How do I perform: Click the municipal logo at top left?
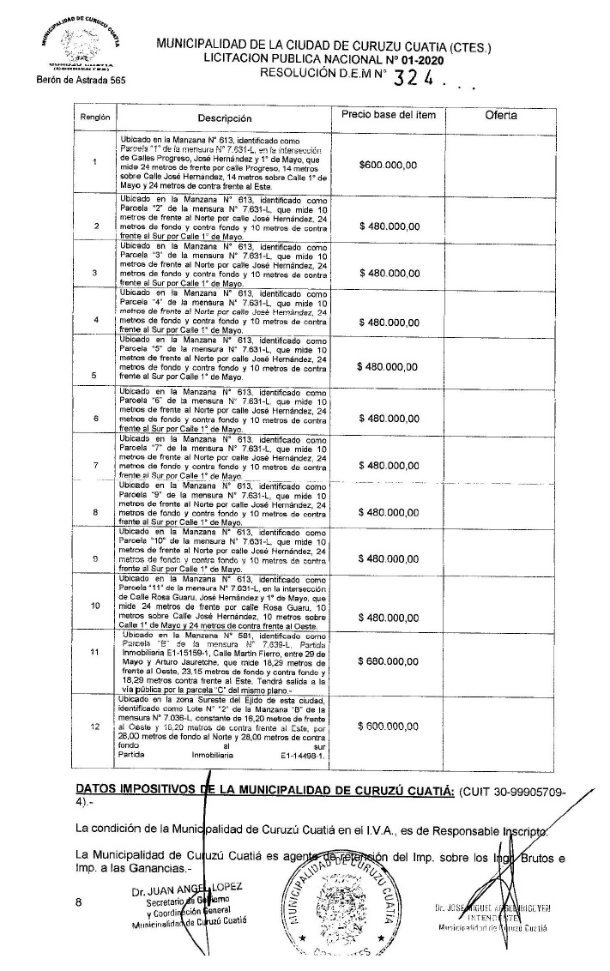[x=82, y=43]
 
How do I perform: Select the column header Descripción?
[x=225, y=119]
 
